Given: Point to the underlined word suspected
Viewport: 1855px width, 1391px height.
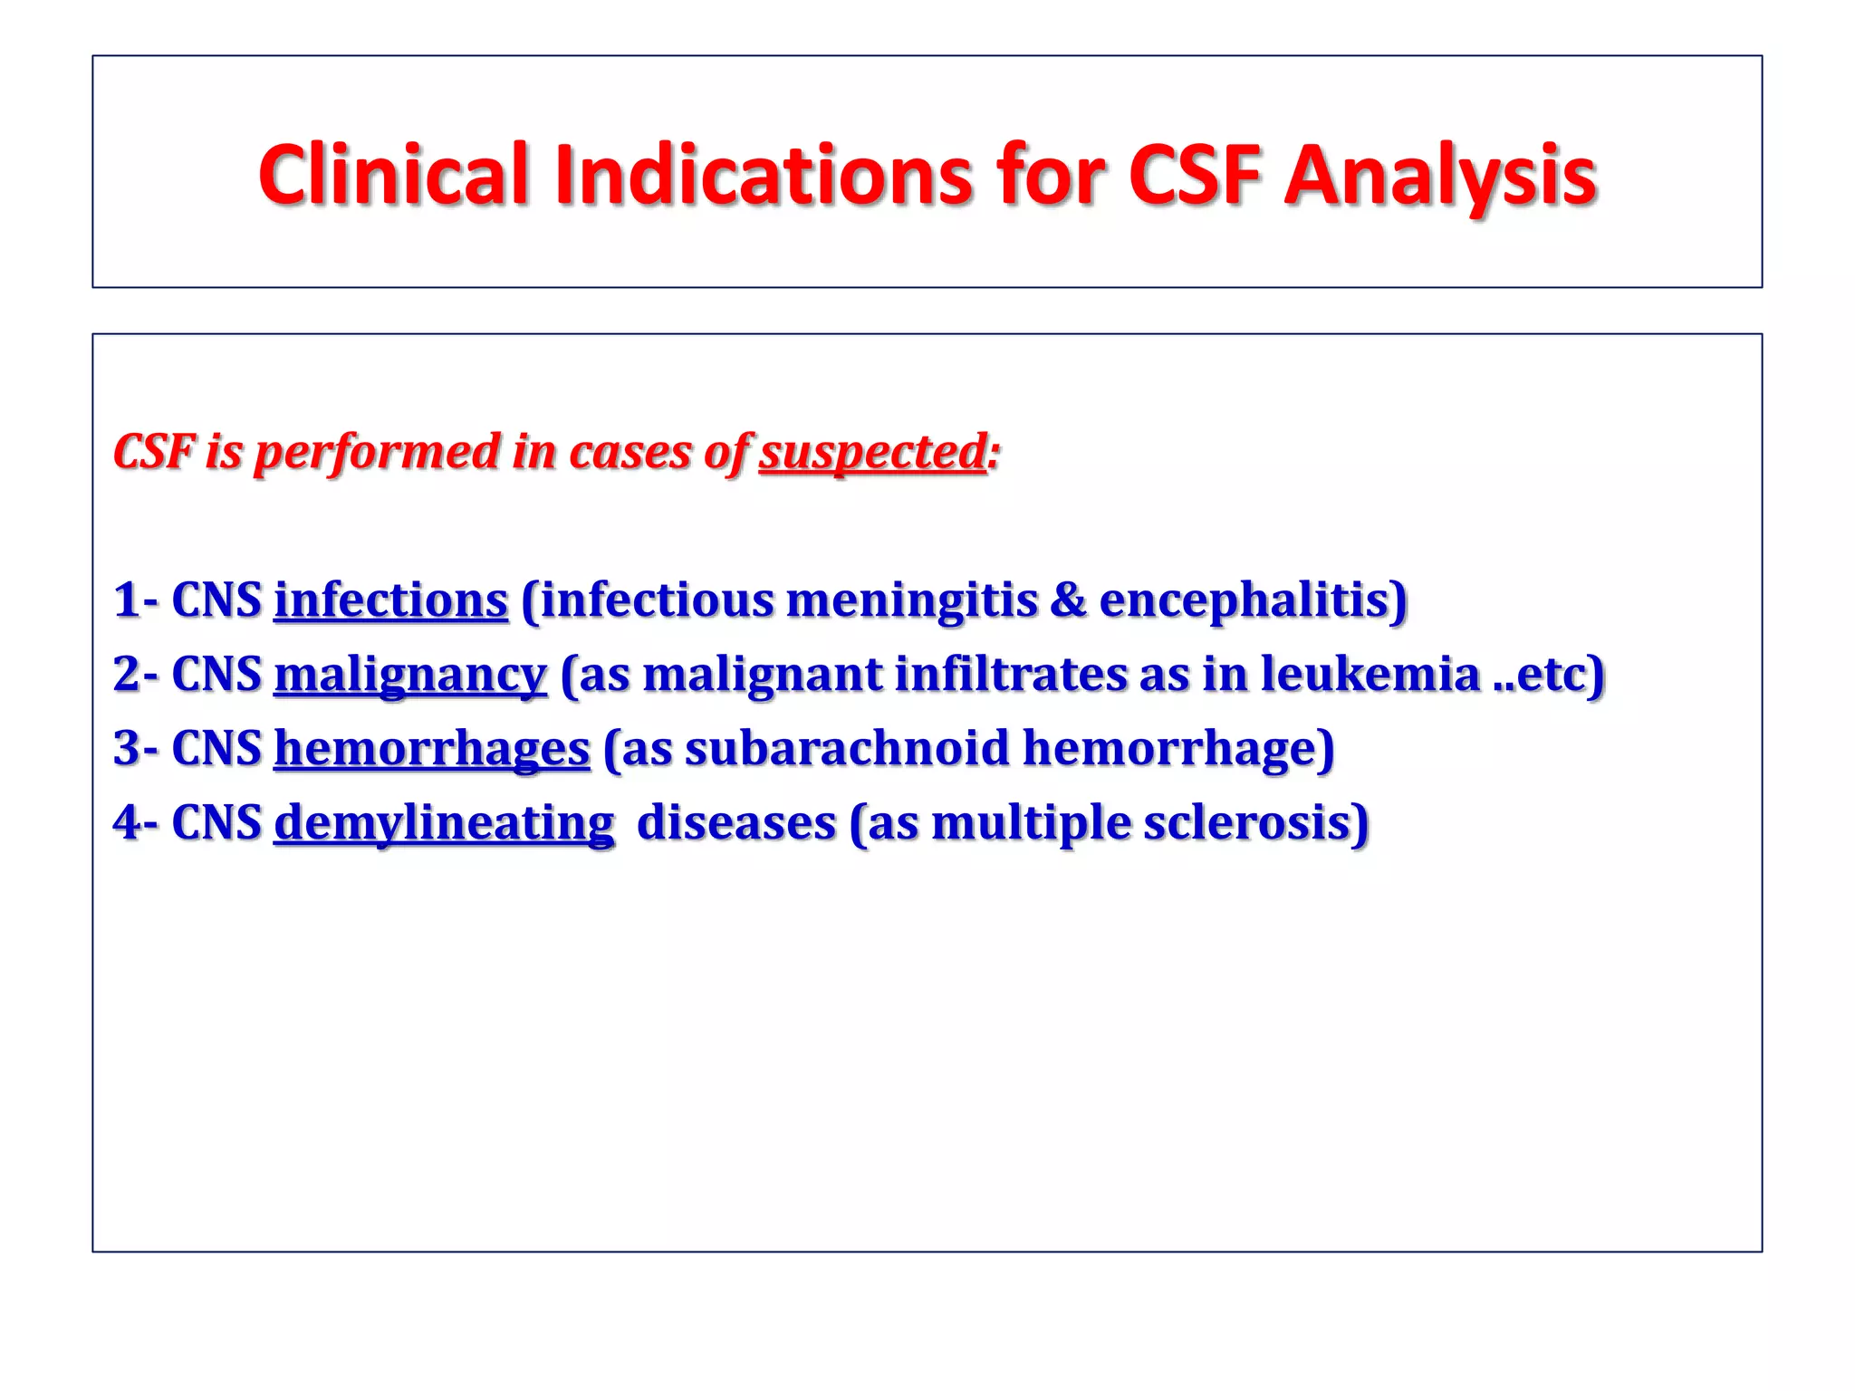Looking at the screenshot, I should [872, 452].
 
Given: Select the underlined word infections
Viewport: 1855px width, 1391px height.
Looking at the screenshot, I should [390, 600].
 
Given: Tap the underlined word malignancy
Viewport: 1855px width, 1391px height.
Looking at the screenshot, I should [409, 675].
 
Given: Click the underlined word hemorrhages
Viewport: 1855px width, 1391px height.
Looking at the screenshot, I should [431, 749].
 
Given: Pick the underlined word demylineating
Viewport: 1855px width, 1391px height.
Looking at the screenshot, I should [443, 823].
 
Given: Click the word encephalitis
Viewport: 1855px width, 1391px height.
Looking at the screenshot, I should [1252, 600].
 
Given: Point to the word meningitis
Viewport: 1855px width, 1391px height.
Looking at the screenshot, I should [911, 600].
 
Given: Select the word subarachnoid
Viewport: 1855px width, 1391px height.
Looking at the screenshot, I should [847, 749].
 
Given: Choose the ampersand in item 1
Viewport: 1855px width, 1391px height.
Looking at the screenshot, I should [1068, 600].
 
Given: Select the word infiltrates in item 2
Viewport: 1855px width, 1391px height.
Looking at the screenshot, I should [1010, 675].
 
